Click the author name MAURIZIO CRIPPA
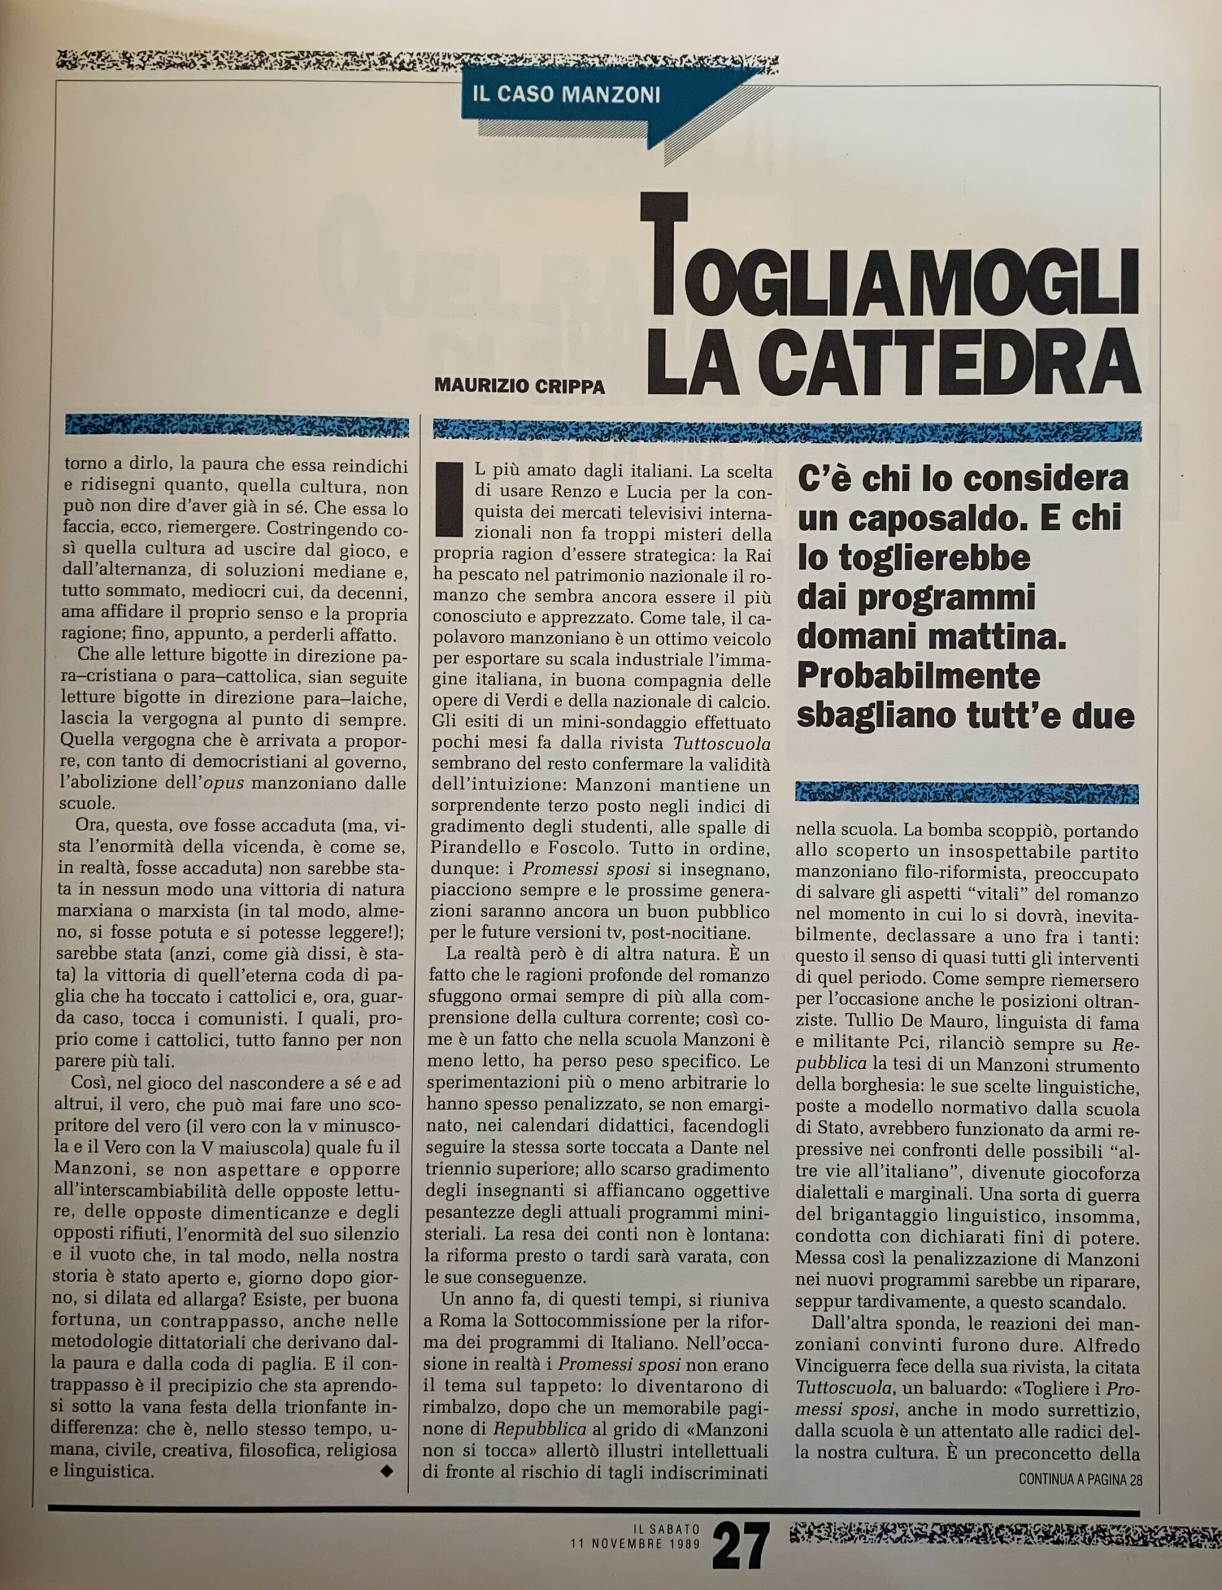pos(519,386)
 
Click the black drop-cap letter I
pos(450,498)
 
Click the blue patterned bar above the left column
pos(237,425)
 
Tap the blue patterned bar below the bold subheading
pos(967,792)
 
